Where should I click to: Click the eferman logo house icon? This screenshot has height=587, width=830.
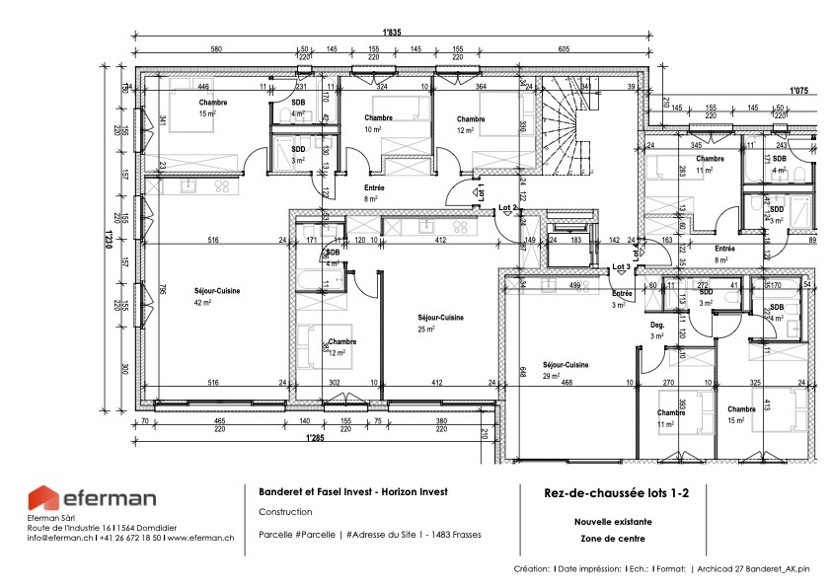(43, 499)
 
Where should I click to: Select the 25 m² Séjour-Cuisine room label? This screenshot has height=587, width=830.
(440, 323)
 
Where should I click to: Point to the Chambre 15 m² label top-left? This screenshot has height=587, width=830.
(212, 108)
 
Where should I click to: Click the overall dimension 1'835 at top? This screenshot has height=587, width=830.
(393, 32)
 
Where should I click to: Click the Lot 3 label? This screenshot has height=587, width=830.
(621, 267)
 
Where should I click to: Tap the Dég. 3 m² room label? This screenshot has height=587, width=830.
(657, 330)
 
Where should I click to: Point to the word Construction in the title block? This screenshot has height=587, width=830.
(285, 512)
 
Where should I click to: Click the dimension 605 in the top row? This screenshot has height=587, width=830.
(564, 49)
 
